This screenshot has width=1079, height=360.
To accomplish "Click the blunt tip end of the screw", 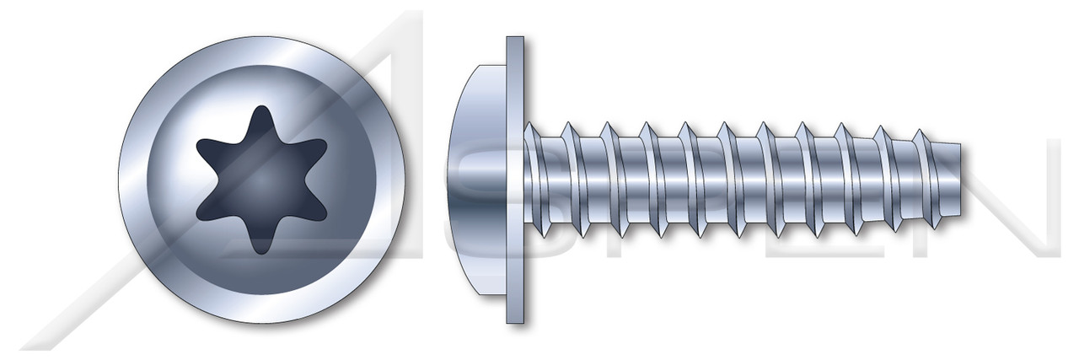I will pyautogui.click(x=958, y=180).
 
